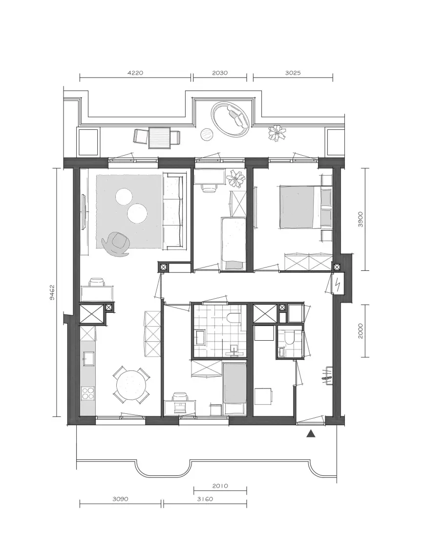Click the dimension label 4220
click(x=135, y=73)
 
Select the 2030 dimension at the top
click(x=220, y=73)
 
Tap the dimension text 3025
click(x=293, y=73)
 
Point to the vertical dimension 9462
click(x=52, y=292)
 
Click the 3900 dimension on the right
click(x=361, y=219)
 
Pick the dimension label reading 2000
click(x=361, y=331)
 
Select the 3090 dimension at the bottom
click(x=121, y=499)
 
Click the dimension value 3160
click(x=205, y=499)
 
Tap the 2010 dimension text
click(x=220, y=486)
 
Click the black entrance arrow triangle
click(x=311, y=433)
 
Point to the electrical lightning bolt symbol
click(x=338, y=283)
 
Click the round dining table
click(x=131, y=385)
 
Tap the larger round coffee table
click(x=137, y=213)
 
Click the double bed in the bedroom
click(x=305, y=207)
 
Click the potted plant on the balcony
click(x=277, y=133)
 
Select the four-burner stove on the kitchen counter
click(x=88, y=393)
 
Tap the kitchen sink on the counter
click(x=89, y=359)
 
